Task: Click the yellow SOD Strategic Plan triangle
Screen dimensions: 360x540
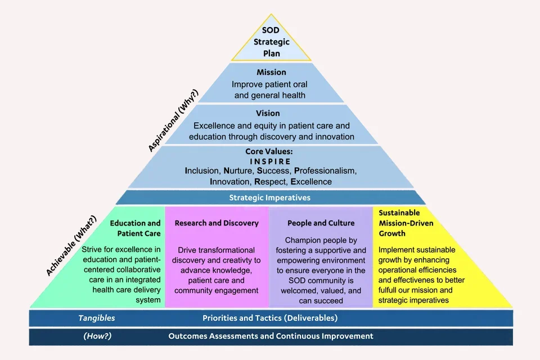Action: coord(271,42)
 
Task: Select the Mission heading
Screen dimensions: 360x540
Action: coord(271,72)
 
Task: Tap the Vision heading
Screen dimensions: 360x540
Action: coord(271,114)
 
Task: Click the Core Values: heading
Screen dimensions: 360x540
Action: coord(271,152)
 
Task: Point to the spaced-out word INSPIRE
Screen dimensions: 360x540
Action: coord(271,161)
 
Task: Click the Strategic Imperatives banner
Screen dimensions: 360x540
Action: coord(270,197)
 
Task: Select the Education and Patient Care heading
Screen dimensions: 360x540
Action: coord(135,228)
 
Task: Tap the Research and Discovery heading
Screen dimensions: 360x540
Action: coord(217,223)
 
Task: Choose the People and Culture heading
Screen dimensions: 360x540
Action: coord(322,223)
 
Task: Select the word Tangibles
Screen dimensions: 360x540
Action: coord(96,318)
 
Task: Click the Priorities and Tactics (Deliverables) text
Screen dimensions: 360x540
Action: coord(270,318)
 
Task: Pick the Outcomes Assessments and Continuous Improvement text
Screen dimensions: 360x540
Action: coord(271,336)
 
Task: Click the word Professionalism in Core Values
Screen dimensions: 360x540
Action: coord(326,170)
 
